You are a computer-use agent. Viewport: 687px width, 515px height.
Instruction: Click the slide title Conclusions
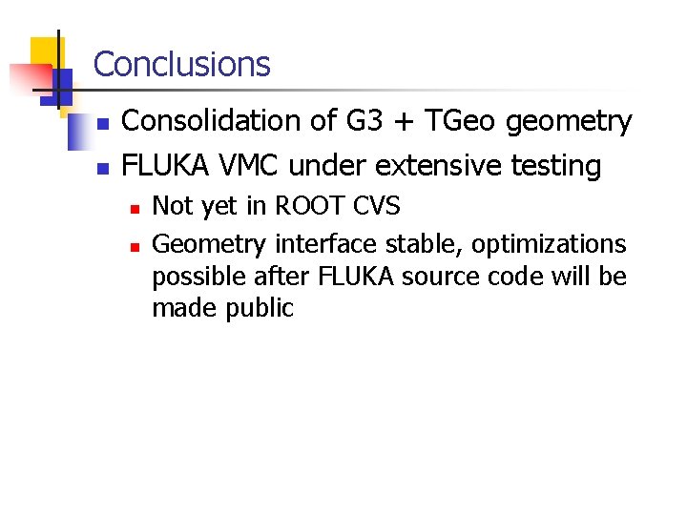tap(182, 65)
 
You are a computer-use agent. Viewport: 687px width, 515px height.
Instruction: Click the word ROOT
tap(308, 206)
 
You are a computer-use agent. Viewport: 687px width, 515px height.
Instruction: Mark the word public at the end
tap(260, 309)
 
